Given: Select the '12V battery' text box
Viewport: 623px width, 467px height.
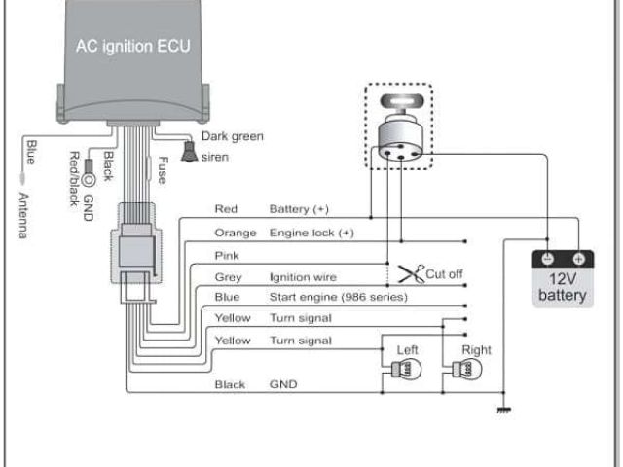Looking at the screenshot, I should pyautogui.click(x=563, y=286).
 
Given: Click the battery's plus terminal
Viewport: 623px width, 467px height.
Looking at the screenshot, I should pyautogui.click(x=578, y=259).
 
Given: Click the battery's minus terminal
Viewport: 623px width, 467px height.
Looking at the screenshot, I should pyautogui.click(x=548, y=259).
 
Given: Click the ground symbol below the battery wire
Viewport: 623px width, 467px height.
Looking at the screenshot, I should pyautogui.click(x=503, y=410).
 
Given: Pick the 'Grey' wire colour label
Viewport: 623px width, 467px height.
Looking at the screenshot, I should pyautogui.click(x=228, y=277).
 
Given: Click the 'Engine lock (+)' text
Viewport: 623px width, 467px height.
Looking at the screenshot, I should pyautogui.click(x=311, y=233).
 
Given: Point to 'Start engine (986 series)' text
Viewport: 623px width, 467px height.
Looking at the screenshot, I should pyautogui.click(x=338, y=297).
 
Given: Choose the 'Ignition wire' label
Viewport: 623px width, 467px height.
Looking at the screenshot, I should pyautogui.click(x=302, y=277).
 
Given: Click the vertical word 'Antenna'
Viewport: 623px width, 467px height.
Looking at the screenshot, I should pyautogui.click(x=23, y=215).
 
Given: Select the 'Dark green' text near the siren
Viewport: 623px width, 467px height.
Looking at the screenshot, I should pyautogui.click(x=233, y=137).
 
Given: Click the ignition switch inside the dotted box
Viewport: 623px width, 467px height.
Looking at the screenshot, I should pyautogui.click(x=399, y=135).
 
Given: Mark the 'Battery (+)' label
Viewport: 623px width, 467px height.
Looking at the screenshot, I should pyautogui.click(x=302, y=209).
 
